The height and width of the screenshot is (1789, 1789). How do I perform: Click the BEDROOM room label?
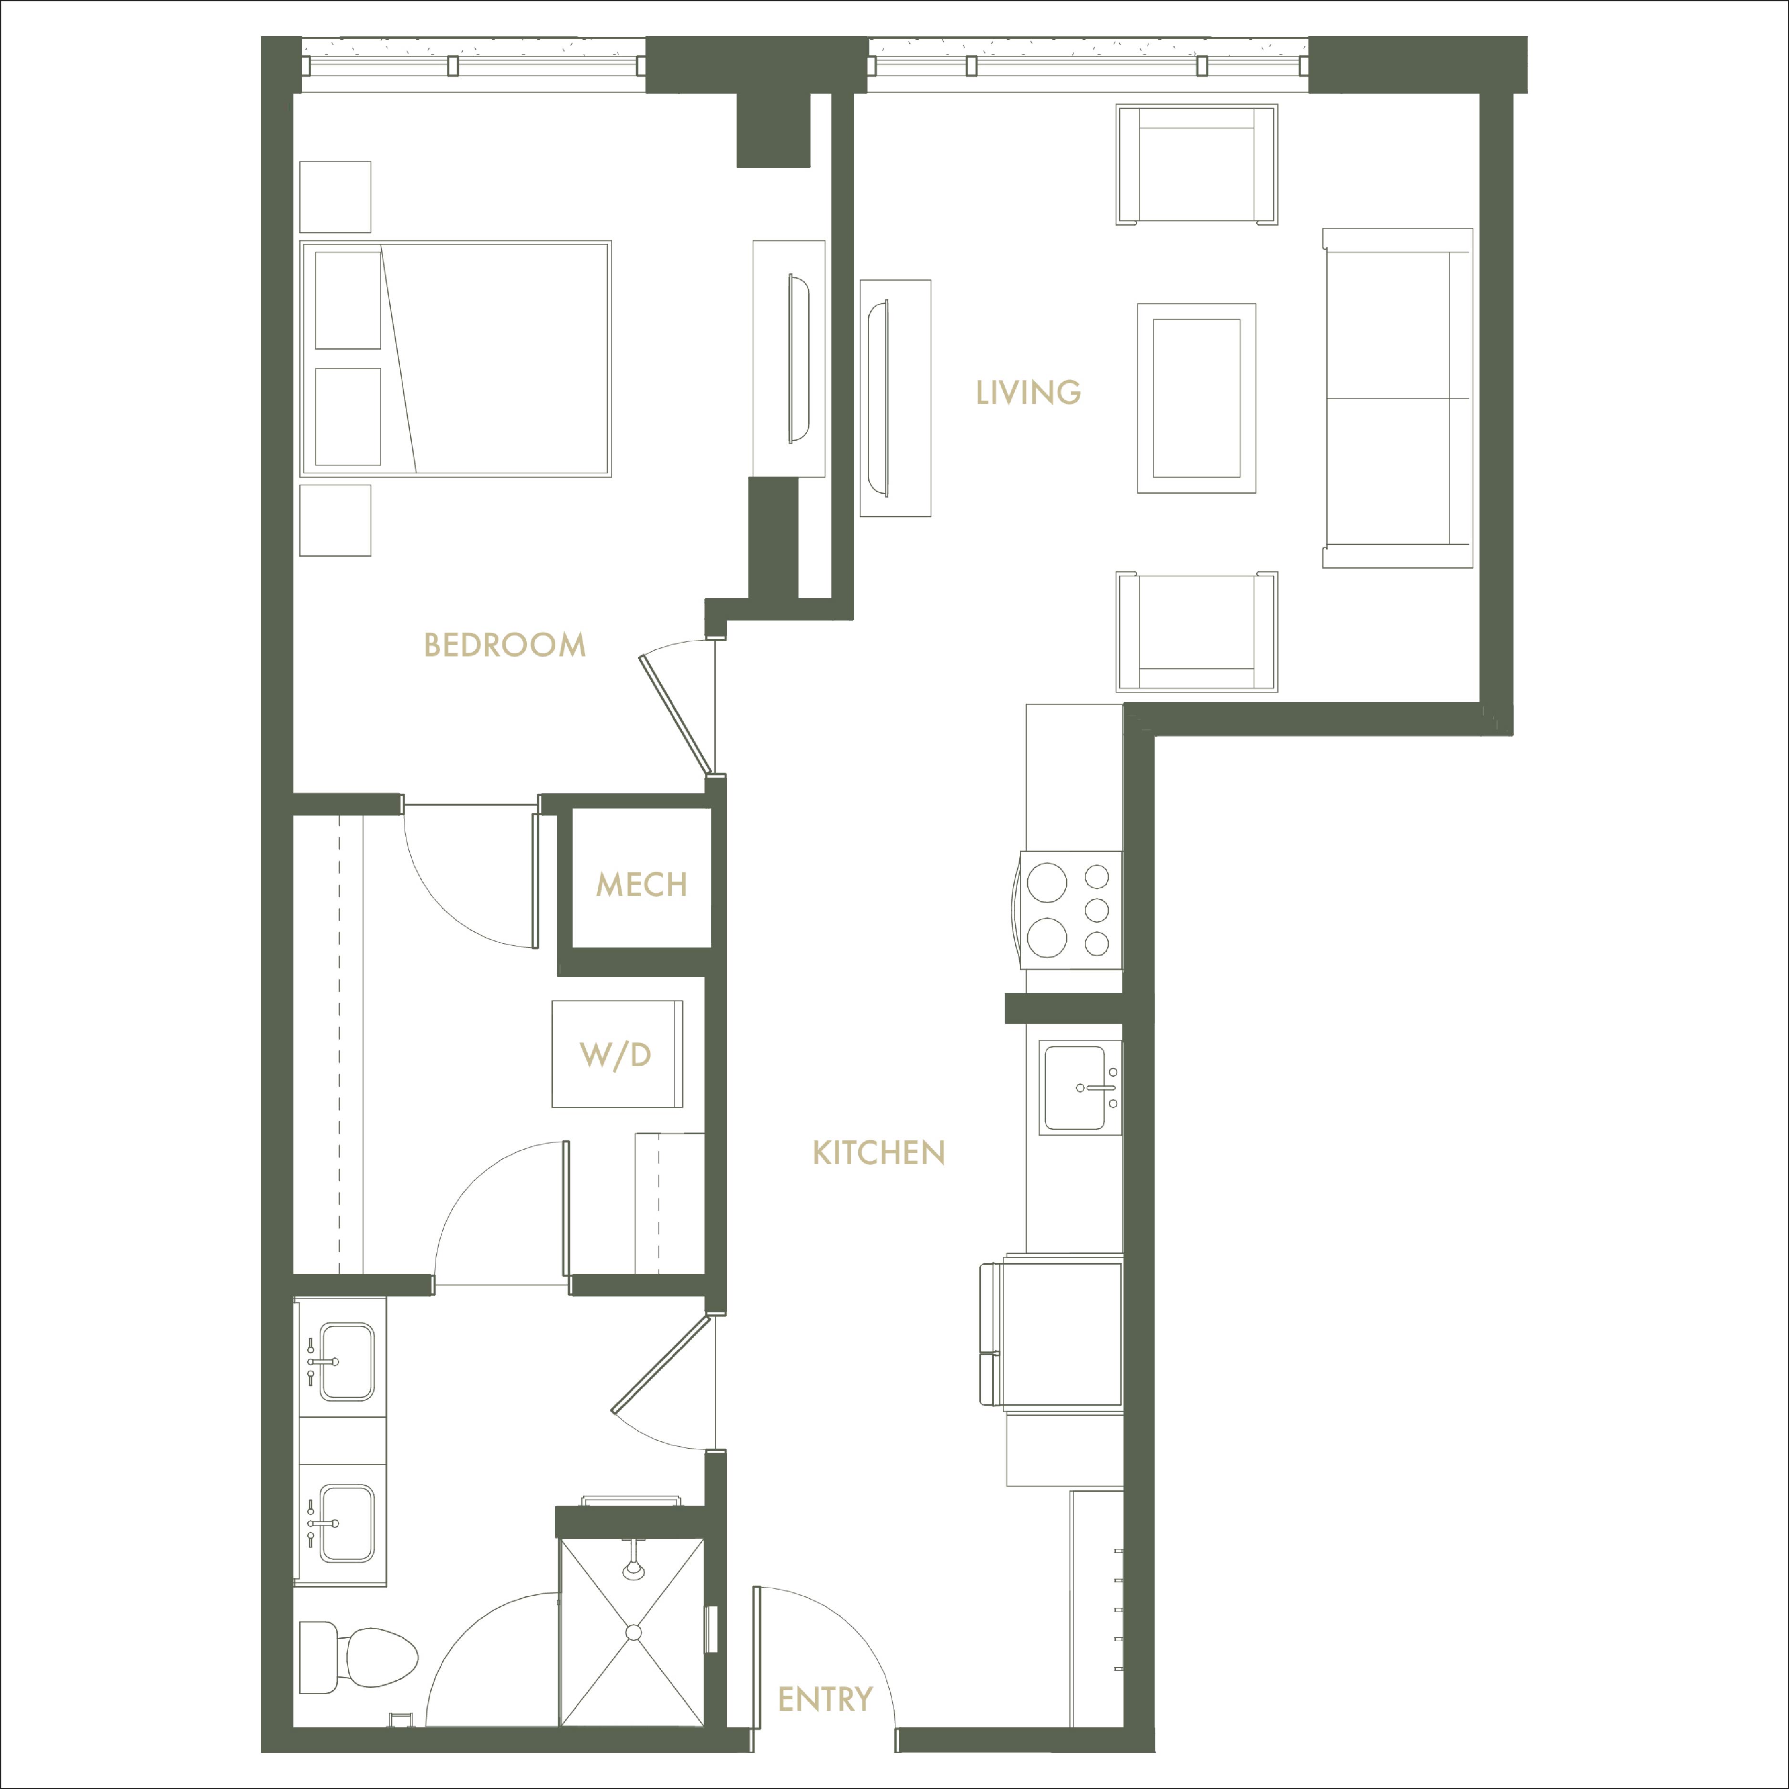tap(505, 645)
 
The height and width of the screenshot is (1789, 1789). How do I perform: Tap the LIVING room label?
tap(1028, 393)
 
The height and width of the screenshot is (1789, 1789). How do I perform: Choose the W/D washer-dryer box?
tap(617, 1054)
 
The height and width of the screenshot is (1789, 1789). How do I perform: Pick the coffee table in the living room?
tap(1196, 398)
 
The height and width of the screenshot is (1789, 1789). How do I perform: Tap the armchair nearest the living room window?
tap(1196, 164)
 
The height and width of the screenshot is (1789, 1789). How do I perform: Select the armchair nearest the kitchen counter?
tap(1196, 632)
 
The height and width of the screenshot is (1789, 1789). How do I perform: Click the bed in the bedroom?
tap(456, 359)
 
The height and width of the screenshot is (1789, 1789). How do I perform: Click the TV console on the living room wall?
tap(895, 398)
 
